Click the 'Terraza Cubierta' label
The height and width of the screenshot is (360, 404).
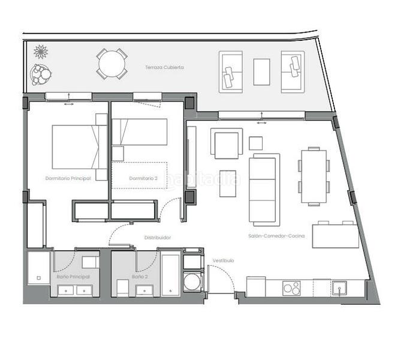164,68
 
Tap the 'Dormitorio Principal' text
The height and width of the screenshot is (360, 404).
68,178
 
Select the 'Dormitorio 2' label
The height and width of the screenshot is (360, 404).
143,178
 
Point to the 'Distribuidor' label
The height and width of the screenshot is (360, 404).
158,238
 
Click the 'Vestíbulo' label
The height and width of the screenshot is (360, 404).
223,260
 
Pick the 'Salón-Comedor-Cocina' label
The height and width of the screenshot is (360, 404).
276,236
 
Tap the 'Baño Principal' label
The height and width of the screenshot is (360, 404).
74,277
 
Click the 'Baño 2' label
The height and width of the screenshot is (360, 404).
140,277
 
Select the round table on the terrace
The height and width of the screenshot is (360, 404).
112,64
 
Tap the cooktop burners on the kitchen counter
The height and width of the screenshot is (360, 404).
292,288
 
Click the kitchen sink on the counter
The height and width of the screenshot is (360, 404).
340,288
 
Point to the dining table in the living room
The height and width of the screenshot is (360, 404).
314,176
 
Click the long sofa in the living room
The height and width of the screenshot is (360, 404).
264,181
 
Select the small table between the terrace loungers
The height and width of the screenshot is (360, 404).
261,72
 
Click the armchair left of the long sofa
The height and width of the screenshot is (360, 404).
227,145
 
